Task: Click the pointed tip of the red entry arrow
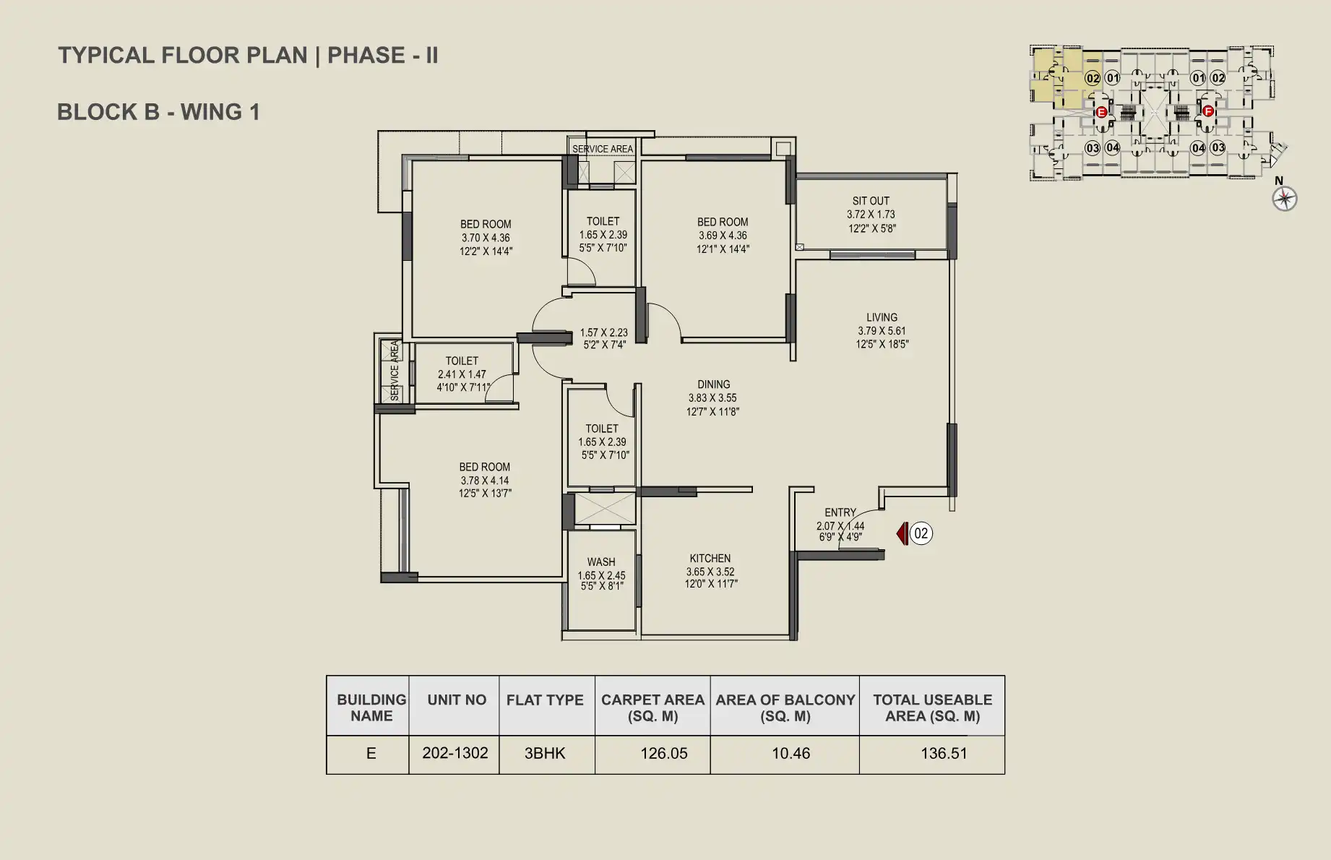(897, 534)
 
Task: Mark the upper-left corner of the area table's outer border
(327, 676)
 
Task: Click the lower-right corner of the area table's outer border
(1004, 774)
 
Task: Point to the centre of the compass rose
(1285, 199)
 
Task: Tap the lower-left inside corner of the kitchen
(642, 635)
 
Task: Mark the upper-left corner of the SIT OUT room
(797, 179)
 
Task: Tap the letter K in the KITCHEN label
(693, 559)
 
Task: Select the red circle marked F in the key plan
(1207, 111)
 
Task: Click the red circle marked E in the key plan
(1101, 112)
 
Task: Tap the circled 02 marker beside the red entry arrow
(921, 534)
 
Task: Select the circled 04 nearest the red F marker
(1198, 148)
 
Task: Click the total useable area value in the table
(943, 753)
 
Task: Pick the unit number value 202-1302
(455, 753)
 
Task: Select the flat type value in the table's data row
(545, 753)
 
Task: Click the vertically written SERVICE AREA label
(395, 371)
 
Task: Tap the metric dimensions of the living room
(882, 331)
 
